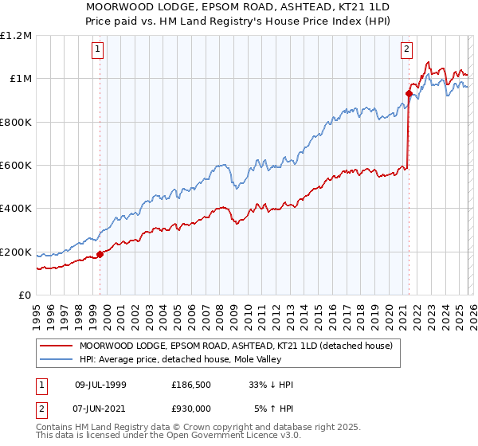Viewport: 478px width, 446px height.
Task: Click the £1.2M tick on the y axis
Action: click(16, 35)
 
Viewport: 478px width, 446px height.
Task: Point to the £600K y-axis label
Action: click(16, 166)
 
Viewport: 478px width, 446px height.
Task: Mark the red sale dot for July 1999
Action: click(100, 255)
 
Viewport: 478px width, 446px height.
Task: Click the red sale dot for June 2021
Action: click(409, 93)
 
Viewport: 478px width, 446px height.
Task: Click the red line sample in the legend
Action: click(57, 346)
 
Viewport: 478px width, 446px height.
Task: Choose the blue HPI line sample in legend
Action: click(57, 360)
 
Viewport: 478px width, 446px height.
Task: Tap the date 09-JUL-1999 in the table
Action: click(100, 385)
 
